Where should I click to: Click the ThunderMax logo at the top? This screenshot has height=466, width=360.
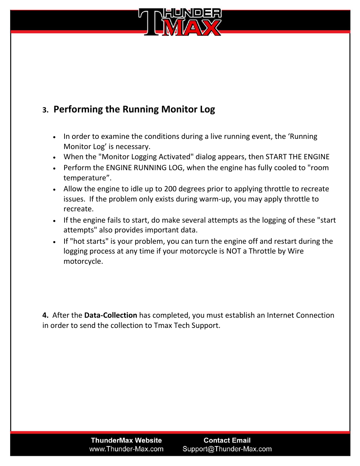coord(180,22)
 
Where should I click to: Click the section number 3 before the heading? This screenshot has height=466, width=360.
coord(45,110)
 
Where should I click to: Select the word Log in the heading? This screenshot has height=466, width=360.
coord(207,109)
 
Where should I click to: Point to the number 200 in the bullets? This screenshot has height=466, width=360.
coord(170,189)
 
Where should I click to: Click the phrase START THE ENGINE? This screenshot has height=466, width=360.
coord(297,157)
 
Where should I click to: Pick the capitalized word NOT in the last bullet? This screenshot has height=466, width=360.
coord(234,251)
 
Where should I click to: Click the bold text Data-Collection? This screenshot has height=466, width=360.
coord(111,315)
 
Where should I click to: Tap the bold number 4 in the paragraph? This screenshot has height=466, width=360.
coord(45,315)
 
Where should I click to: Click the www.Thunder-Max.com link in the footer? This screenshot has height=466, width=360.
coord(126,449)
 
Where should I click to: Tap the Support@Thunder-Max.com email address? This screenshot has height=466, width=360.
coord(227,449)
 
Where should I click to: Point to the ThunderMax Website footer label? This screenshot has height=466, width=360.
coord(126,440)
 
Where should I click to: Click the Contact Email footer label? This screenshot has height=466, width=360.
coord(227,440)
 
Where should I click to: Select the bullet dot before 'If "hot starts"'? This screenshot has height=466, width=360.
coord(55,242)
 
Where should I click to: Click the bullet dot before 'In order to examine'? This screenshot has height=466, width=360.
coord(55,137)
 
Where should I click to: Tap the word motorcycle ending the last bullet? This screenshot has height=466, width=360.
coord(82,261)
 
